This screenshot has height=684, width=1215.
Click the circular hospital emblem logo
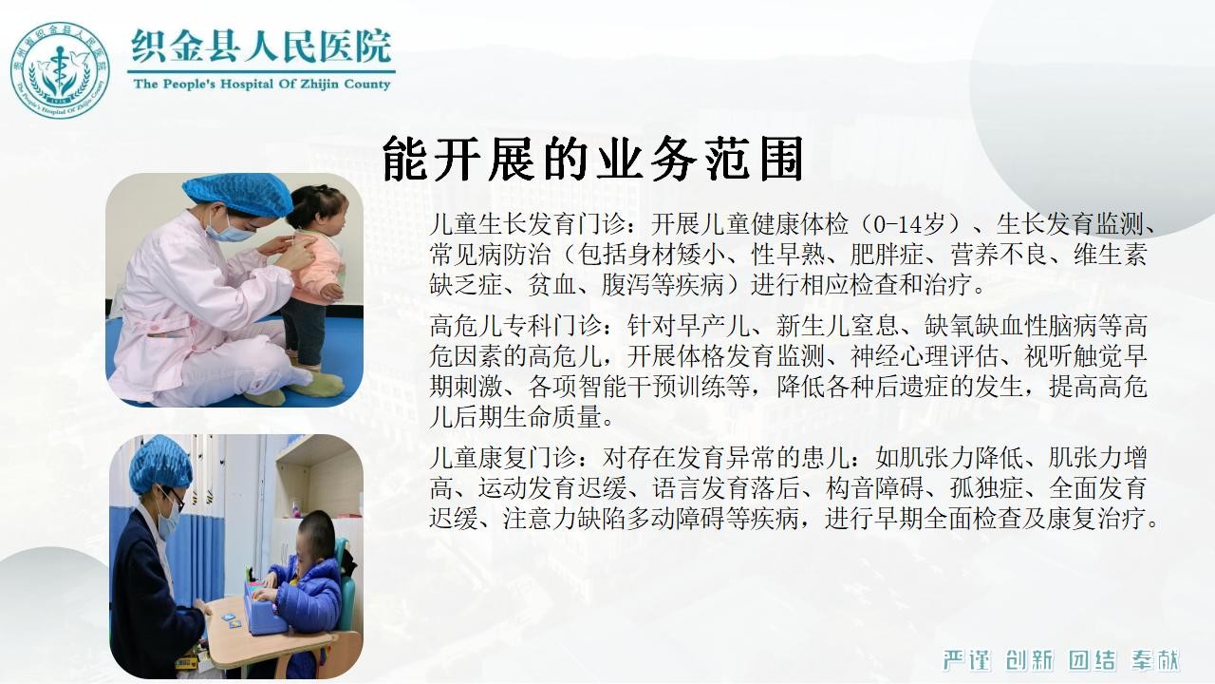click(60, 70)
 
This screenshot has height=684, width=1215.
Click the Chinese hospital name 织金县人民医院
click(261, 47)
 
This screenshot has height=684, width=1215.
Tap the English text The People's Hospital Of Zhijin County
click(261, 85)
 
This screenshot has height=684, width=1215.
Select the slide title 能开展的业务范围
click(593, 158)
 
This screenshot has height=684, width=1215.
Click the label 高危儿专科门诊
click(515, 326)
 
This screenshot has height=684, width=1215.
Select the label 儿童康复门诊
click(503, 458)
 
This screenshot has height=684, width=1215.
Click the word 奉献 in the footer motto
click(1155, 660)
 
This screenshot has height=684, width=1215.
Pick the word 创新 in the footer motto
click(1030, 660)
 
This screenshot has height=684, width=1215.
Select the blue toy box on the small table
click(263, 608)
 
